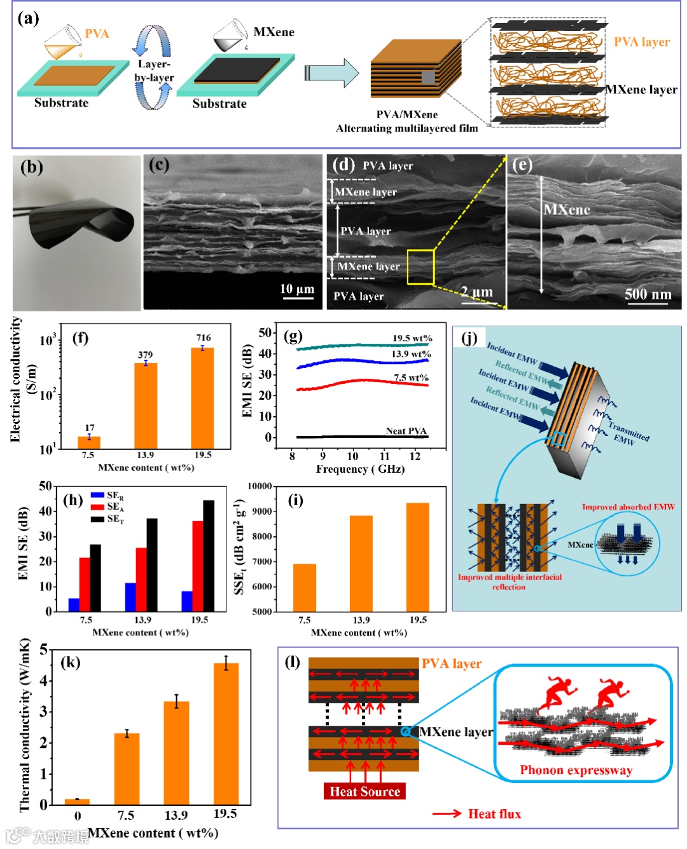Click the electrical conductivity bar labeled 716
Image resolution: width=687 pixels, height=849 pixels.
click(203, 397)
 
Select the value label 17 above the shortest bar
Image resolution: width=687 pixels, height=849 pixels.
click(90, 428)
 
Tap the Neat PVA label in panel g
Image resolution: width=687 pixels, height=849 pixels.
click(406, 431)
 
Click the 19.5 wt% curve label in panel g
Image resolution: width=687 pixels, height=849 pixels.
click(412, 338)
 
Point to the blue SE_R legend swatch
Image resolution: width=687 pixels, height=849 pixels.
click(97, 495)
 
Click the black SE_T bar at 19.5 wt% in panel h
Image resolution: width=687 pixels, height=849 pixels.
click(209, 555)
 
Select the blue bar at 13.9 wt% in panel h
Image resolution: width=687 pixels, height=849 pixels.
click(130, 596)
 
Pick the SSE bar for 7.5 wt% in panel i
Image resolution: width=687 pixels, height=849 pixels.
click(305, 587)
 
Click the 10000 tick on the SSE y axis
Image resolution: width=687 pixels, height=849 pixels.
click(260, 486)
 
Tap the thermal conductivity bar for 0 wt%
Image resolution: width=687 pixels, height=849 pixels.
click(78, 801)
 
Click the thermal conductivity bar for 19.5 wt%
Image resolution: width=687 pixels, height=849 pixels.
click(226, 733)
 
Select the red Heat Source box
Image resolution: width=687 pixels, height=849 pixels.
click(364, 791)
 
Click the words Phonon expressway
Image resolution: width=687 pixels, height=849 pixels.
click(576, 770)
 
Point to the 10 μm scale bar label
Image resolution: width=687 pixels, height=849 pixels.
click(297, 289)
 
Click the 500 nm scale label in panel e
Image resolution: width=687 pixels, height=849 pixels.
click(648, 294)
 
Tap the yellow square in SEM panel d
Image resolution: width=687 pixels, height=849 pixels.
click(420, 267)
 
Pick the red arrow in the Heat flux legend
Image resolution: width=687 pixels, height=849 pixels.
click(447, 813)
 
